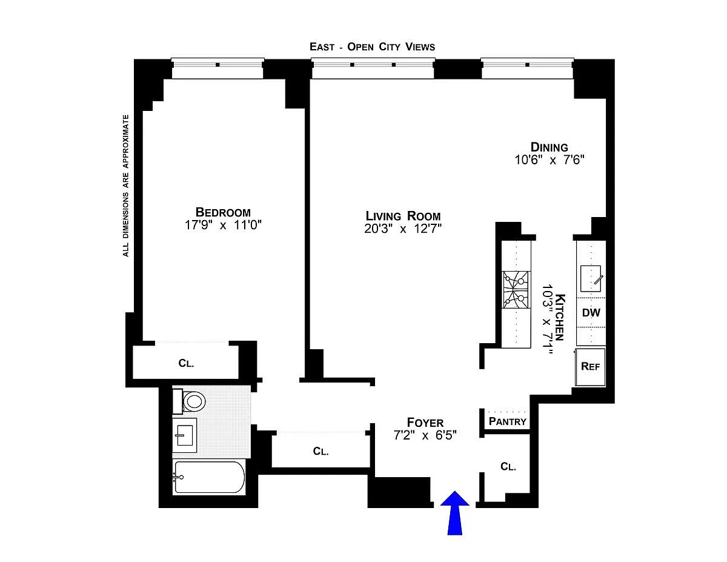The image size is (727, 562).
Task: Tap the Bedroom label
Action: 223,212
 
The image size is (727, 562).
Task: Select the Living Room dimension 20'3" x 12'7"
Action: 403,229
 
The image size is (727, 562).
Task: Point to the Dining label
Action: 549,147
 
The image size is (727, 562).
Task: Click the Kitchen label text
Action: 560,317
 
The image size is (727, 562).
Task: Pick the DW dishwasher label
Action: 591,313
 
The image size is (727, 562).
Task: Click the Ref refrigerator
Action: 590,367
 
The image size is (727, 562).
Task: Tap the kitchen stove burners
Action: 516,290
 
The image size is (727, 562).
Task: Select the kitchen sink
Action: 591,278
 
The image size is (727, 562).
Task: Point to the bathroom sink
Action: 184,435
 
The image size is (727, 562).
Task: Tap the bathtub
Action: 210,477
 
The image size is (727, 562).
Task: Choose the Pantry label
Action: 508,421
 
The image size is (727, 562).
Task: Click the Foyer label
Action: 425,423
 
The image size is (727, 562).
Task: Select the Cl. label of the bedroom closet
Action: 186,363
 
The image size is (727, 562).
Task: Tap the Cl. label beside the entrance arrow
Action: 508,467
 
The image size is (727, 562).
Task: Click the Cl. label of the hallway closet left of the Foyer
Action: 320,451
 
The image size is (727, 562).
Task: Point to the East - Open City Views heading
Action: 373,47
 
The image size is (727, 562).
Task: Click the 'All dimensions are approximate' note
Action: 126,186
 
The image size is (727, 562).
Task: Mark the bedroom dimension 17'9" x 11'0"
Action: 223,225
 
